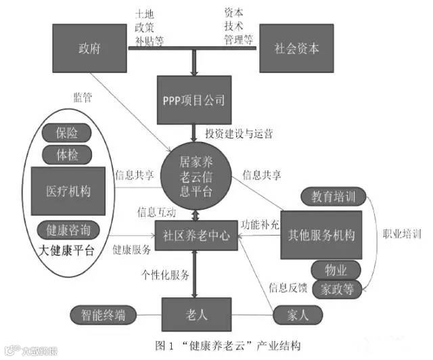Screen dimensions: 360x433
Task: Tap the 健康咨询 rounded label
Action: point(68,228)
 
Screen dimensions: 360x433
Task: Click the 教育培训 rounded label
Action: point(334,197)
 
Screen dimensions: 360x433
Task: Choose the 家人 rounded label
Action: point(296,315)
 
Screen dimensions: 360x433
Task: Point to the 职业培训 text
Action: point(402,234)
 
